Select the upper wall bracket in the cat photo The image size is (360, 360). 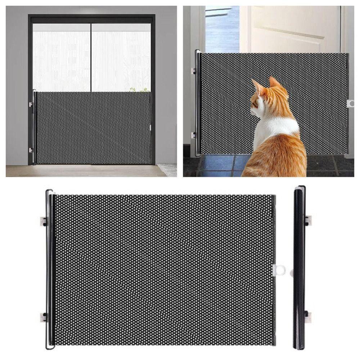[x=194, y=71]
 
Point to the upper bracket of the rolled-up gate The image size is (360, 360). [x=307, y=220]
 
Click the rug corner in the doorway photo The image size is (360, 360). [x=168, y=169]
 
